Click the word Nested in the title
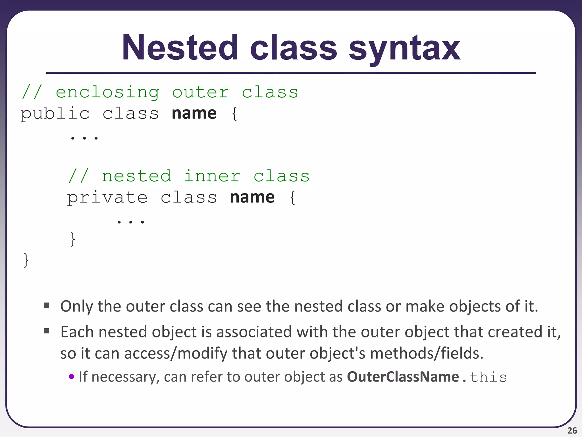(x=180, y=48)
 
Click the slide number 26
(x=572, y=430)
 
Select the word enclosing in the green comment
(x=107, y=92)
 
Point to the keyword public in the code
(x=55, y=114)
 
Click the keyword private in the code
(x=107, y=198)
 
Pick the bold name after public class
(x=194, y=113)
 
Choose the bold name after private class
(x=252, y=197)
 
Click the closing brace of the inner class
(x=73, y=239)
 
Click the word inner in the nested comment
(x=212, y=176)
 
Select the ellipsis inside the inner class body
(x=131, y=221)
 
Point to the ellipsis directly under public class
(x=84, y=138)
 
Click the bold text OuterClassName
(x=403, y=377)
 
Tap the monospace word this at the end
(x=488, y=377)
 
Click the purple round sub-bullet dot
(x=72, y=377)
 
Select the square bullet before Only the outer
(x=47, y=306)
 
